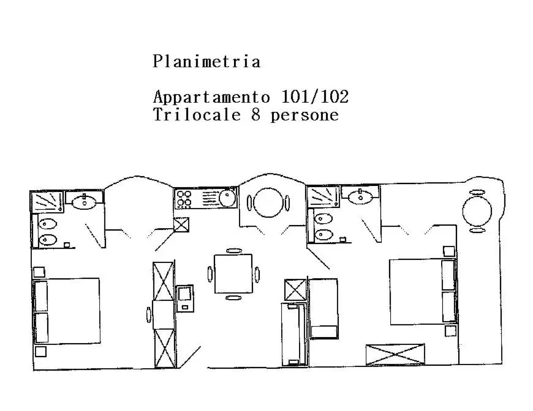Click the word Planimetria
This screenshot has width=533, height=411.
point(206,62)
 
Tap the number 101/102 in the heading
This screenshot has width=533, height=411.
point(315,97)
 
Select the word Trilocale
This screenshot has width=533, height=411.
point(197,114)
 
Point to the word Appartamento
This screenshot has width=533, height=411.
point(211,97)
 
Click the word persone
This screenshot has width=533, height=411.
point(304,116)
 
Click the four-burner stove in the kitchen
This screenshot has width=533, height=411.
point(184,199)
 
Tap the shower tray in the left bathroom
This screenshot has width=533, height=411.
point(47,202)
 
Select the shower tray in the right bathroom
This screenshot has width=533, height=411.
point(323,196)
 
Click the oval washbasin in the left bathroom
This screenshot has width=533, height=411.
point(83,202)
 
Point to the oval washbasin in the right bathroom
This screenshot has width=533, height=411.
point(361,196)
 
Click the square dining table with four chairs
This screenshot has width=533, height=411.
point(233,273)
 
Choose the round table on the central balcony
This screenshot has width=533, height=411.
point(268,202)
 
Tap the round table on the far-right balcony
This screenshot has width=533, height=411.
point(477,211)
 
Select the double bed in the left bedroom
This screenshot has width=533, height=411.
point(67,311)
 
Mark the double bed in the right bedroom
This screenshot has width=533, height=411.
point(422,292)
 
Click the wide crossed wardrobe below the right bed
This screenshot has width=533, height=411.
point(395,355)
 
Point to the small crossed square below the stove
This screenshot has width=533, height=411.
point(181,224)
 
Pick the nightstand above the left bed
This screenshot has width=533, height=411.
point(39,273)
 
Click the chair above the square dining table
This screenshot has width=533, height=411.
point(233,251)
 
